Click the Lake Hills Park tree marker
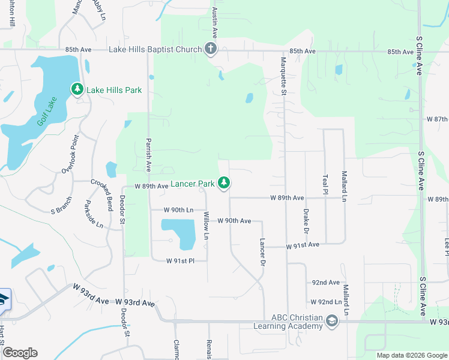click(77, 89)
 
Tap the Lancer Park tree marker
click(224, 182)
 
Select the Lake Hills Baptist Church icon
click(210, 49)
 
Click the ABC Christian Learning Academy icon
click(331, 322)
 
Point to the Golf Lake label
click(46, 111)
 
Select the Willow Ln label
click(206, 226)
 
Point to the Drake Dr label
click(306, 222)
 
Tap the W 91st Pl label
click(181, 260)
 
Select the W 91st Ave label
click(303, 246)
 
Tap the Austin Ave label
click(214, 20)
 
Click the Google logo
click(20, 353)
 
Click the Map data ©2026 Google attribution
click(411, 355)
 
